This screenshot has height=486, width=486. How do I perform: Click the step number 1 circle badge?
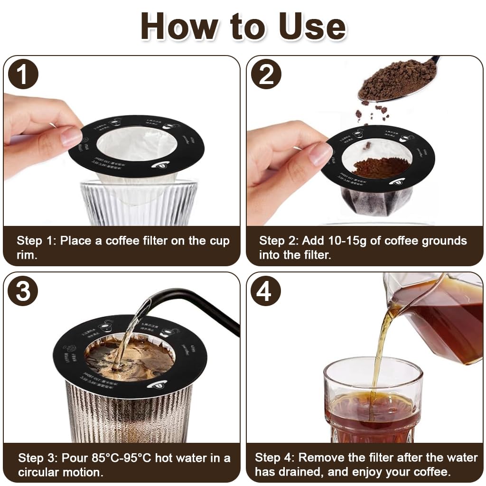tap(23, 74)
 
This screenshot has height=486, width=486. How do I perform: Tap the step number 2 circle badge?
tap(266, 74)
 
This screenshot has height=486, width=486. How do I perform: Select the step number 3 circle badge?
tap(23, 291)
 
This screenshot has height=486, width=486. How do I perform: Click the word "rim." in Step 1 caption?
tap(27, 255)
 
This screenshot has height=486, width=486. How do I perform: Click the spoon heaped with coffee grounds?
tap(397, 79)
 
